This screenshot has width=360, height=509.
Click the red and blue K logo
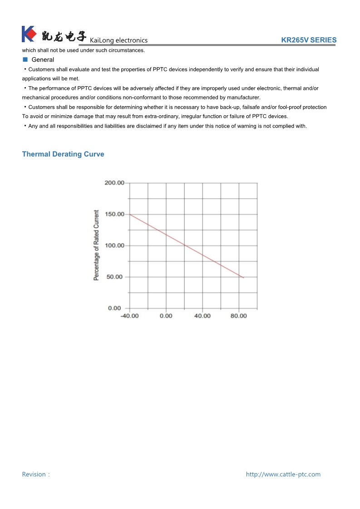click(x=28, y=34)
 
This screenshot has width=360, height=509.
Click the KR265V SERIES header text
click(x=309, y=40)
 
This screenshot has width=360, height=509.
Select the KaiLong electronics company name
click(x=118, y=40)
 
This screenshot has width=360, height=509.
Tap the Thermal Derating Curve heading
click(x=63, y=154)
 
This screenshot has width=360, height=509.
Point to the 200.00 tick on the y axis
click(x=114, y=183)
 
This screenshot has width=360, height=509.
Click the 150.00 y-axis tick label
click(x=114, y=214)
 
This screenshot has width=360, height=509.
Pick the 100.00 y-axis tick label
click(x=114, y=245)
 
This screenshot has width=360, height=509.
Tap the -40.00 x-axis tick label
click(x=129, y=316)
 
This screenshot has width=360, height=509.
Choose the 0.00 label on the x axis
click(x=166, y=316)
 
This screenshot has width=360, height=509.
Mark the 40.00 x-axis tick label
click(x=202, y=316)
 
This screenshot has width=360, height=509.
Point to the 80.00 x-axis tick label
click(x=239, y=316)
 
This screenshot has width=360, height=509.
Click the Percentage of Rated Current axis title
click(x=96, y=245)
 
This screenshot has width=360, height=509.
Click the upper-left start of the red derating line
click(x=131, y=214)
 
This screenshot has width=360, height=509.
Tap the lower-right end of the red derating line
click(x=243, y=277)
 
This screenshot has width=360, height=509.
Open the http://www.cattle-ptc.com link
click(x=283, y=475)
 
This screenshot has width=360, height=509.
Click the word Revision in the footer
click(x=34, y=475)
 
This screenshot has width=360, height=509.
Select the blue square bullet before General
click(x=25, y=59)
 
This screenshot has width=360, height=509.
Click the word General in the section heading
click(x=43, y=60)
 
